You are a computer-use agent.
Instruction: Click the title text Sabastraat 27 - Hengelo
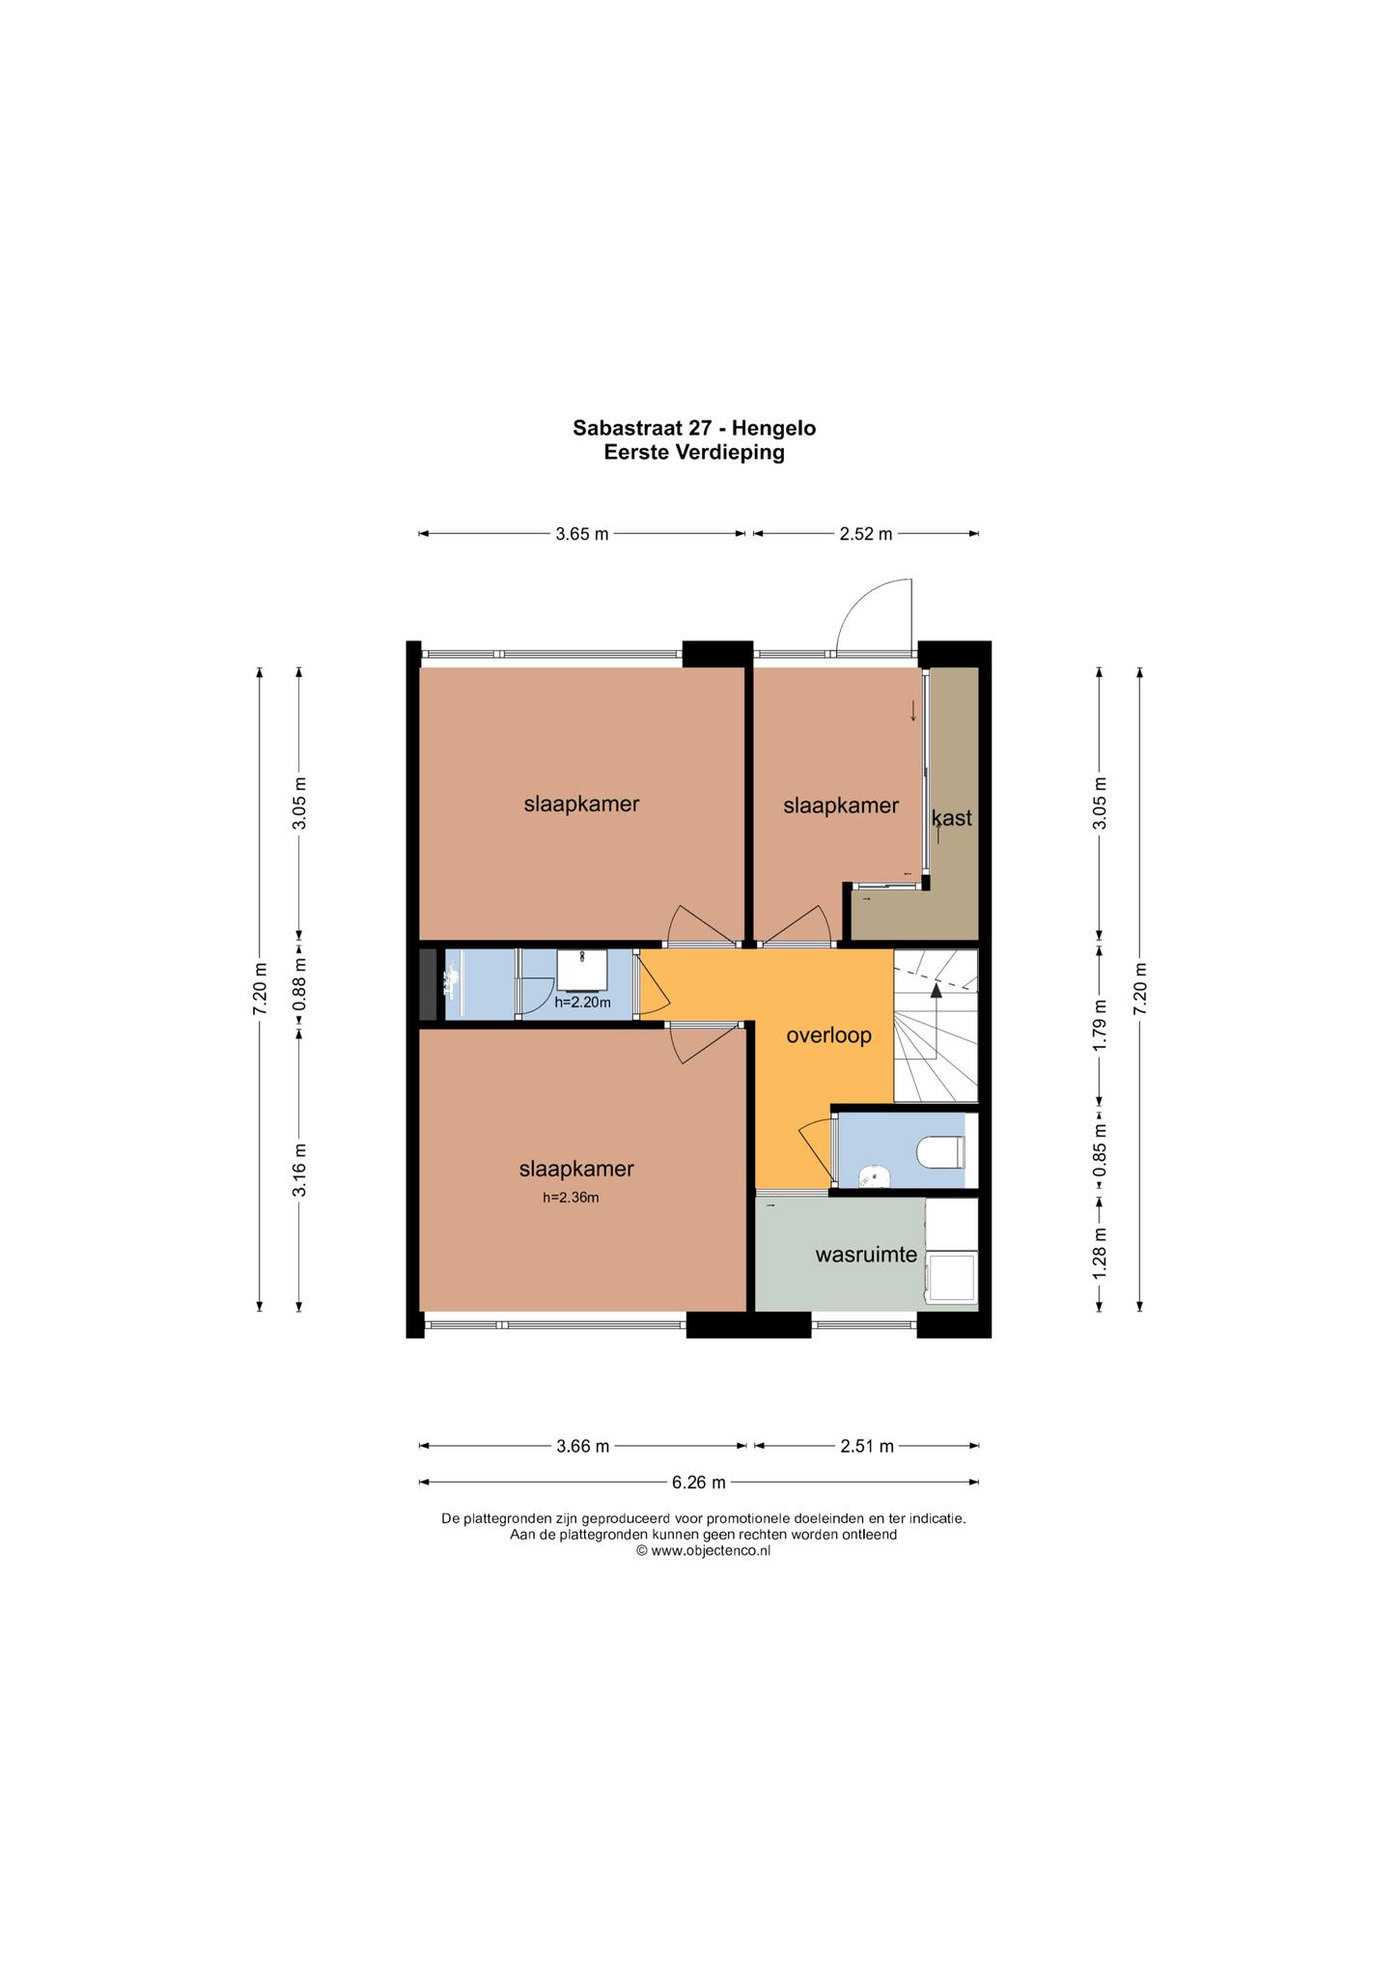coord(694,427)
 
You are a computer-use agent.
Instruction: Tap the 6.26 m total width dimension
coord(699,1482)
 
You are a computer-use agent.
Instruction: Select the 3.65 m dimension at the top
coord(582,533)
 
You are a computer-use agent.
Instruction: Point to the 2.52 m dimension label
coord(866,533)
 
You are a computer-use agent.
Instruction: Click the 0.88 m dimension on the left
coord(300,984)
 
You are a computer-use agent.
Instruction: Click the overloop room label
coord(829,1035)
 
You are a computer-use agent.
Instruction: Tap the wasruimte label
coord(866,1256)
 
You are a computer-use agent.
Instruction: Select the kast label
coord(952,818)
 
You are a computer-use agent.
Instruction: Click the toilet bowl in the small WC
coord(941,1151)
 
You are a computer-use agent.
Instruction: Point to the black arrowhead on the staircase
coord(936,990)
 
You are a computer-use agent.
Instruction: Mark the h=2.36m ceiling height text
coord(571,1198)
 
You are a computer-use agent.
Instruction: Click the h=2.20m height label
coord(582,1003)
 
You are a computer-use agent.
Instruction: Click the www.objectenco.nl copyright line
coord(703,1551)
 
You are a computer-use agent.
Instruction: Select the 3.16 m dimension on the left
coord(300,1170)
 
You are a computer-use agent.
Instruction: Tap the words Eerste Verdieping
coord(694,452)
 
